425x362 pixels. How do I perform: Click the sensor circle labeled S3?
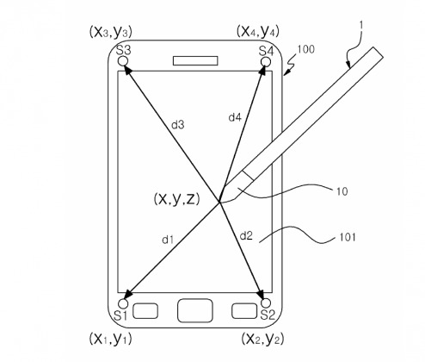(123, 61)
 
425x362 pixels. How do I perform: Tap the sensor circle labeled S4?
(266, 62)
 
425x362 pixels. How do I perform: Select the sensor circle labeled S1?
(123, 303)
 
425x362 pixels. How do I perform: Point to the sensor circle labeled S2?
(266, 303)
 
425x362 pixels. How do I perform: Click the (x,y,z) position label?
(176, 199)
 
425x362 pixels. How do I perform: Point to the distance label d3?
(178, 125)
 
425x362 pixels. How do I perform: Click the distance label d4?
(235, 117)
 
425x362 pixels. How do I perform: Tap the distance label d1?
(168, 240)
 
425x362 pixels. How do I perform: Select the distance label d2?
(246, 236)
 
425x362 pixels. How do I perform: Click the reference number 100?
(306, 49)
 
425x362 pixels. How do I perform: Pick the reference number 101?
(348, 237)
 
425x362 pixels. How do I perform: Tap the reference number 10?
(342, 191)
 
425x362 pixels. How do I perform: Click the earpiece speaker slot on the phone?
(195, 61)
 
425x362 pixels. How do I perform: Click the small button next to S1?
(145, 311)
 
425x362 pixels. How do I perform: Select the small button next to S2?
(244, 311)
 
